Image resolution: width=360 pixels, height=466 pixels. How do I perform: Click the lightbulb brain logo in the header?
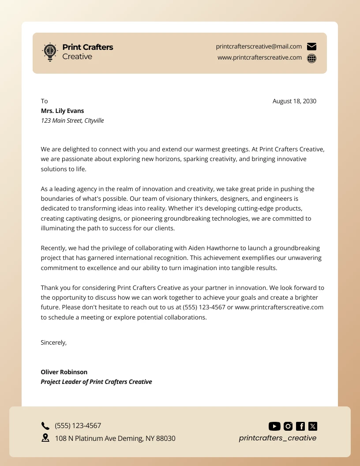click(50, 52)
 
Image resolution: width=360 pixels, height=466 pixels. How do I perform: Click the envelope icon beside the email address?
click(311, 47)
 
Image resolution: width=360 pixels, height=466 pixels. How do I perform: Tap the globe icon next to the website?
click(311, 58)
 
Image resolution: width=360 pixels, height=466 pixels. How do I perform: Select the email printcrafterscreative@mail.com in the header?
click(259, 47)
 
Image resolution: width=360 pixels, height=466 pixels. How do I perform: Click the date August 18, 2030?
click(294, 101)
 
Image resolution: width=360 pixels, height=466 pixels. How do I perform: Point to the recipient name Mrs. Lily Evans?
click(62, 111)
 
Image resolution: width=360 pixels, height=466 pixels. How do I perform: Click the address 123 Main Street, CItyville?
click(72, 120)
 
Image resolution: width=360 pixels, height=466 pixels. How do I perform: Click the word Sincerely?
click(53, 342)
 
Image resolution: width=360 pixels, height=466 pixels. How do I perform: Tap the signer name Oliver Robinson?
click(64, 372)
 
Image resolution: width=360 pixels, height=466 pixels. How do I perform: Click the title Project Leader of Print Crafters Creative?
click(96, 382)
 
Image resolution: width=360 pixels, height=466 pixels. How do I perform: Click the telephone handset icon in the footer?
click(45, 426)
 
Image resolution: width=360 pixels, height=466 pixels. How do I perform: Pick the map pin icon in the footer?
click(45, 438)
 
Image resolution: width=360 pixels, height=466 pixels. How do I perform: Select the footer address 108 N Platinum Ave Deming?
click(115, 438)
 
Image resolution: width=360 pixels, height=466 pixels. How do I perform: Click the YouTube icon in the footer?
click(274, 426)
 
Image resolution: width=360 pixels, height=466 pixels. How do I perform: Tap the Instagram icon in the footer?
click(288, 426)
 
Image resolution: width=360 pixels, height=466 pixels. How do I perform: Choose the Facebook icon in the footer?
click(300, 426)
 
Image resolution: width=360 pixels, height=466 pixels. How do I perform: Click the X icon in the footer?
click(313, 426)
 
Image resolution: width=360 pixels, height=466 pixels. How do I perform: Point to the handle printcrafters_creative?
click(277, 438)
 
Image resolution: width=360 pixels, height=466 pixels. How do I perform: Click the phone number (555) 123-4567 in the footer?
click(78, 426)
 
